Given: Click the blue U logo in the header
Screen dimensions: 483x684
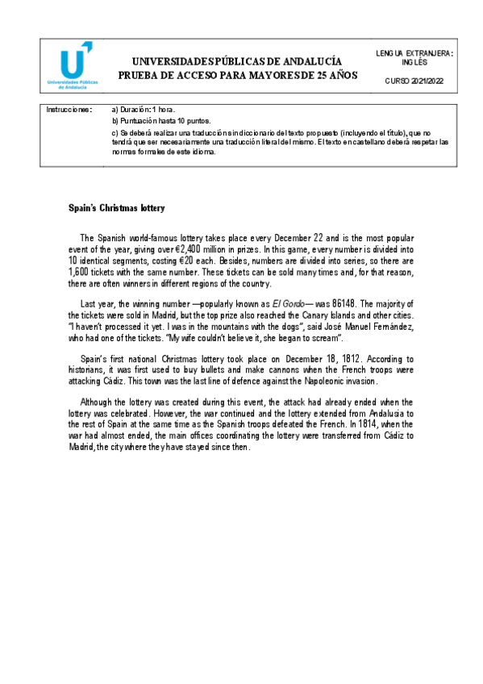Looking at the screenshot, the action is pyautogui.click(x=74, y=58).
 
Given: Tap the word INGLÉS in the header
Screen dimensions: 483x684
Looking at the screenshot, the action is pyautogui.click(x=414, y=62).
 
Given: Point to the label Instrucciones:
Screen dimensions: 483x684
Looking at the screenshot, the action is pyautogui.click(x=69, y=109).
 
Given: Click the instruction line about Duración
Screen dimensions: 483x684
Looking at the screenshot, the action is pyautogui.click(x=143, y=109).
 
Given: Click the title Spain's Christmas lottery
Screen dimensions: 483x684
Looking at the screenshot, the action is pyautogui.click(x=116, y=208).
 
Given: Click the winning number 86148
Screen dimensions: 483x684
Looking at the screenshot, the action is pyautogui.click(x=328, y=303).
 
